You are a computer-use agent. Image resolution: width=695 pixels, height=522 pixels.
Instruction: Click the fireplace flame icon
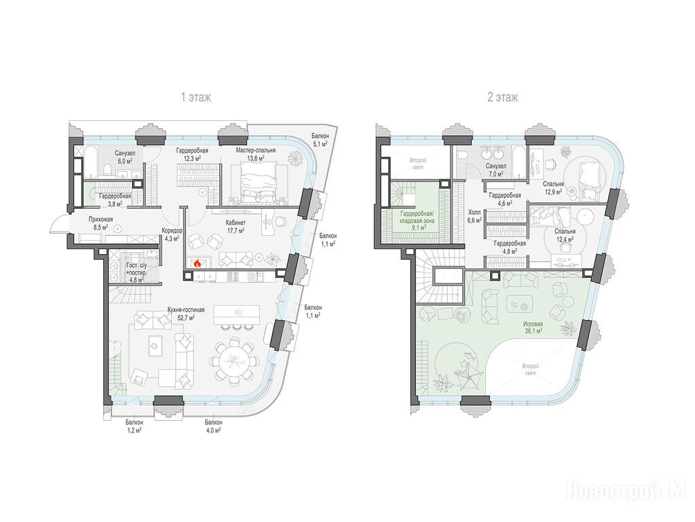pyautogui.click(x=198, y=264)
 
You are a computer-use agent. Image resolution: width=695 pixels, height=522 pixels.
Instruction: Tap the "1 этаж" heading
pyautogui.click(x=196, y=97)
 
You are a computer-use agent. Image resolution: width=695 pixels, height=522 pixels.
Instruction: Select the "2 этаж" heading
pyautogui.click(x=503, y=97)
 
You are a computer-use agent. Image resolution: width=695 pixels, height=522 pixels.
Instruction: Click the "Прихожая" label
pyautogui.click(x=100, y=220)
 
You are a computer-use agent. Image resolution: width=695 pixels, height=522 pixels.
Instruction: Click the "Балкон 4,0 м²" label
pyautogui.click(x=213, y=426)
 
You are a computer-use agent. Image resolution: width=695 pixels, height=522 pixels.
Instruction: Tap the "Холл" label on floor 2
pyautogui.click(x=474, y=213)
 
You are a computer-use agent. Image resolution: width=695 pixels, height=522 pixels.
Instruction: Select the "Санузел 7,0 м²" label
pyautogui.click(x=496, y=169)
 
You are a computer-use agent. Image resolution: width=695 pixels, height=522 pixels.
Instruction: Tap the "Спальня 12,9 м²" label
pyautogui.click(x=553, y=188)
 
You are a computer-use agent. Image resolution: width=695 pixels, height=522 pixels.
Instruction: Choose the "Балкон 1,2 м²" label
pyautogui.click(x=134, y=426)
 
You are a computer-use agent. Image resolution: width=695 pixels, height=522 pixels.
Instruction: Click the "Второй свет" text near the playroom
pyautogui.click(x=529, y=369)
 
